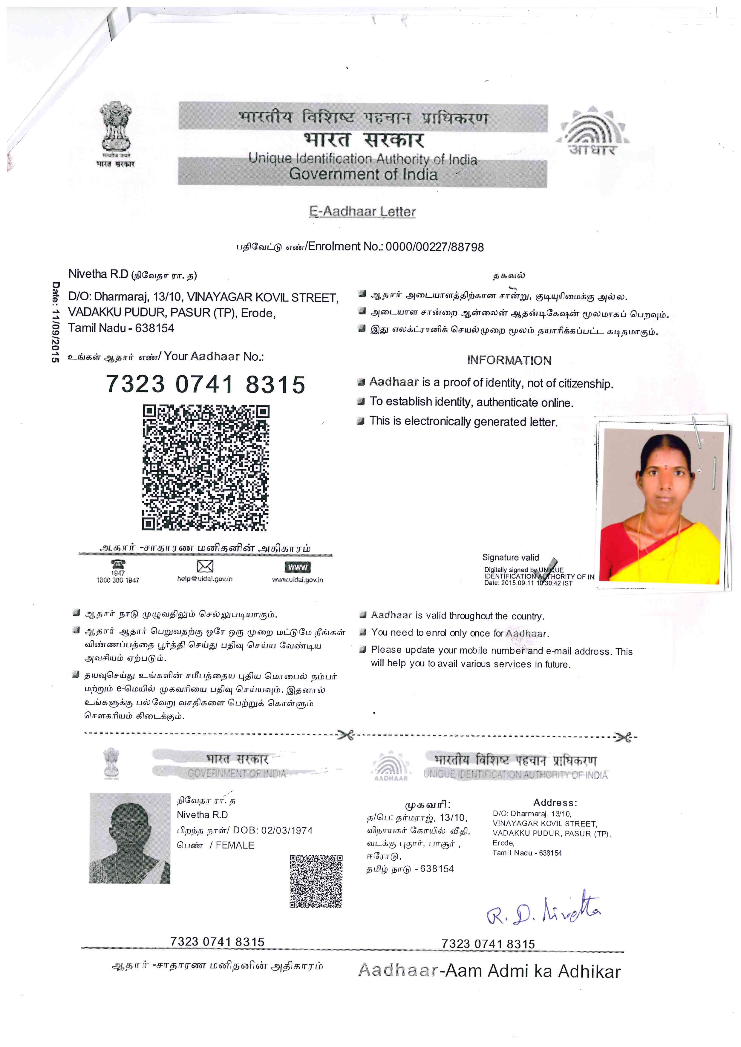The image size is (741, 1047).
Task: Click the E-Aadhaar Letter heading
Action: click(362, 212)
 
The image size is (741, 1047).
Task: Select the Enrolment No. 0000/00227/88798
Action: click(434, 247)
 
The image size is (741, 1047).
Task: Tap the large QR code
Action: click(206, 468)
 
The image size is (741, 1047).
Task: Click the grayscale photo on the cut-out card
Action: click(130, 838)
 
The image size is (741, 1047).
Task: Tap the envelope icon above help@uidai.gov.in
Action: click(205, 566)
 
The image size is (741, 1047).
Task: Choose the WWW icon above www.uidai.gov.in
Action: click(298, 567)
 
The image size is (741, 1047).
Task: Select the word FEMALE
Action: click(235, 845)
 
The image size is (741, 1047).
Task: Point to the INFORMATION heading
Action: click(509, 360)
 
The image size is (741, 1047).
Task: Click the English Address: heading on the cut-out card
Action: click(555, 802)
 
